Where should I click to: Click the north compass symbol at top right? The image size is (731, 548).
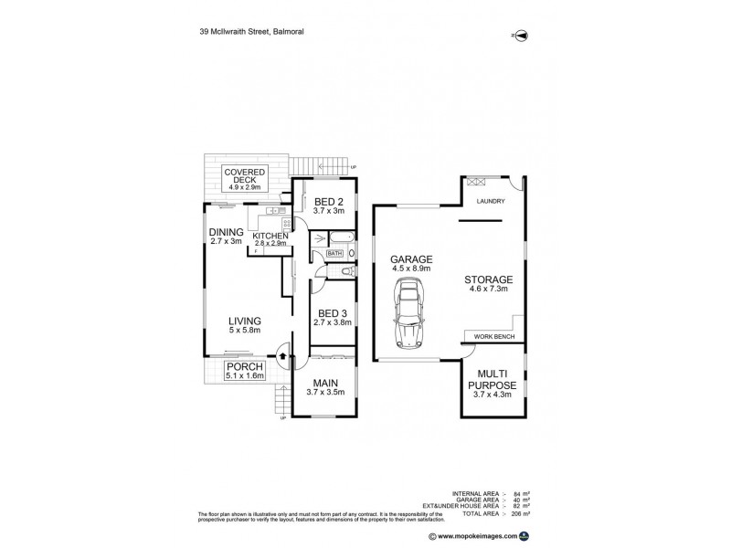[521, 35]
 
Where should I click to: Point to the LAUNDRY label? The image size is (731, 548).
[490, 200]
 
